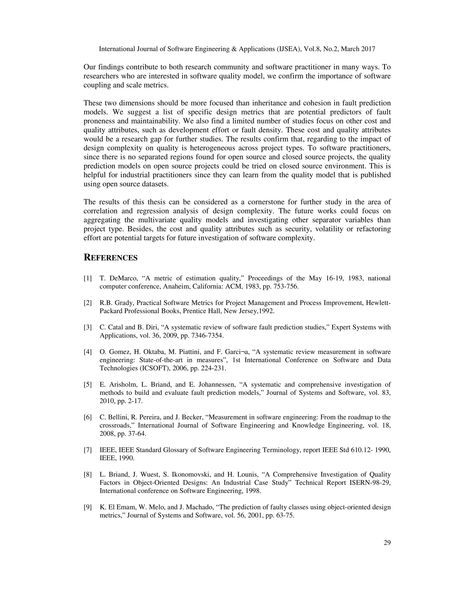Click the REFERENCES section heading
(110, 258)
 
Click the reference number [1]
(87, 278)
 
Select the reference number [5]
(87, 384)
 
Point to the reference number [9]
(87, 507)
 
